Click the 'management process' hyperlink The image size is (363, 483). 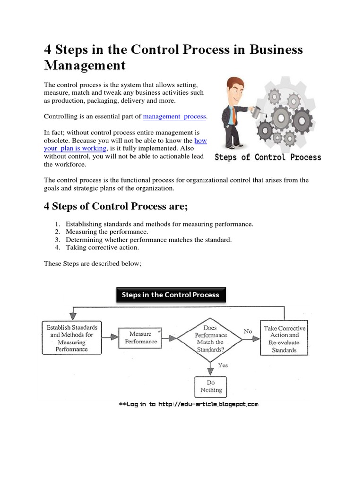tap(175, 116)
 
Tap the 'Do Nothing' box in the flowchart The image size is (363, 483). tap(211, 386)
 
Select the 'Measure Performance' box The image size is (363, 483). tap(138, 338)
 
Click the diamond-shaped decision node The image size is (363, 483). tap(210, 338)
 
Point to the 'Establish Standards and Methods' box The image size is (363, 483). tap(72, 338)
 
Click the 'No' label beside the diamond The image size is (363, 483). tap(248, 332)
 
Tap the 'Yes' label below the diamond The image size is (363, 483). tap(223, 365)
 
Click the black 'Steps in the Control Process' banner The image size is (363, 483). tap(171, 295)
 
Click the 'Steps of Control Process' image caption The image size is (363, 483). tap(268, 158)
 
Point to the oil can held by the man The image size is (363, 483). tap(254, 112)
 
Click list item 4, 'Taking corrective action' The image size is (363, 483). tap(102, 247)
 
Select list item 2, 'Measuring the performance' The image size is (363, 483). tap(107, 232)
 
